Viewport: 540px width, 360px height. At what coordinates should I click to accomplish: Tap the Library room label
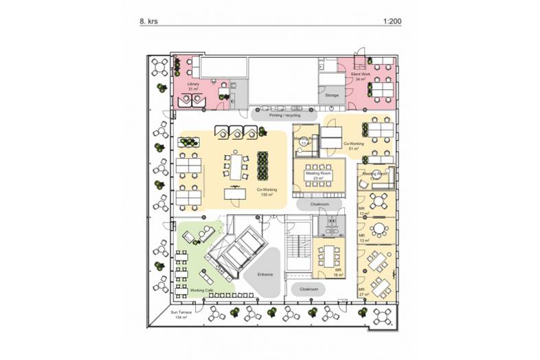pos(193,86)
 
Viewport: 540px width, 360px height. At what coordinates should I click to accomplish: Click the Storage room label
pos(332,95)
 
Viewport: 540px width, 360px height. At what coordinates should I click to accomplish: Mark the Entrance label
pos(265,275)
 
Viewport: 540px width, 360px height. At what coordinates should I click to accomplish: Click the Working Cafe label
pos(202,291)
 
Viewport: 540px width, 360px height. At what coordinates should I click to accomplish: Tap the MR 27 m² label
pos(361,292)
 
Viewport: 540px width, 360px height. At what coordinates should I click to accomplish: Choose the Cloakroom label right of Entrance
pos(308,290)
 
